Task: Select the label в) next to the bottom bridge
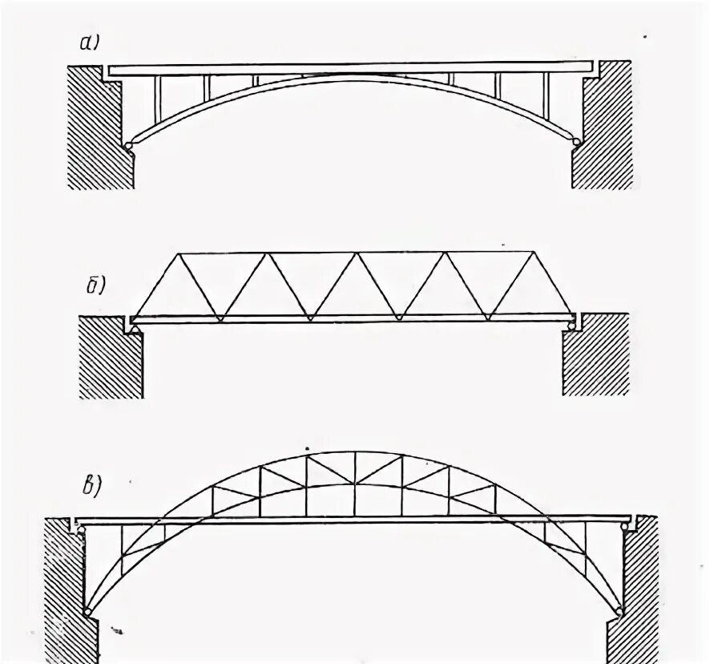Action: click(x=96, y=485)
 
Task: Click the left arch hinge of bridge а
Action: click(x=129, y=144)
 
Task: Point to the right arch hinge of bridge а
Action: click(x=576, y=143)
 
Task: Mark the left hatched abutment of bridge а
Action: click(x=96, y=128)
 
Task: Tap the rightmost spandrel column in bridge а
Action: click(x=546, y=96)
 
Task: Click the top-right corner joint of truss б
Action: click(x=533, y=253)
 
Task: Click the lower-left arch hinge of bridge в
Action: click(x=86, y=613)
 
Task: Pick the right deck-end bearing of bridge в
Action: click(x=625, y=527)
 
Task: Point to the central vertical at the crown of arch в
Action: click(x=354, y=481)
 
